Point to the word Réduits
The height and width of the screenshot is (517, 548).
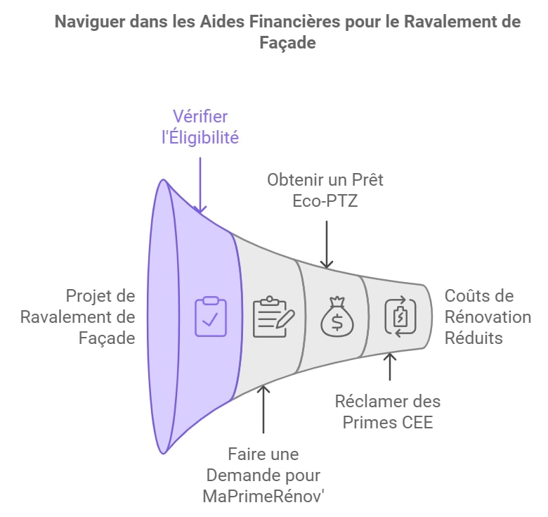point(474,338)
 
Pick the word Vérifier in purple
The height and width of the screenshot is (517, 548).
point(200,117)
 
